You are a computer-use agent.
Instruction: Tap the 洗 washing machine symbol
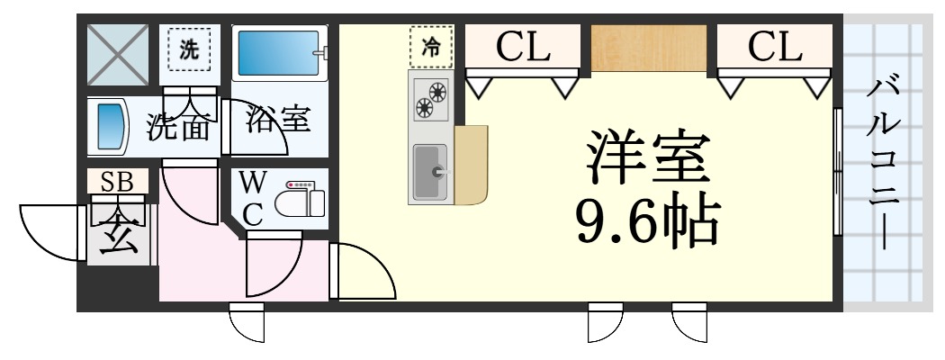[188, 50]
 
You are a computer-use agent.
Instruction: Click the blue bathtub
[275, 55]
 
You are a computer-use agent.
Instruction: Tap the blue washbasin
[111, 126]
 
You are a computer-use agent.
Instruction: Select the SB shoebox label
[117, 182]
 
